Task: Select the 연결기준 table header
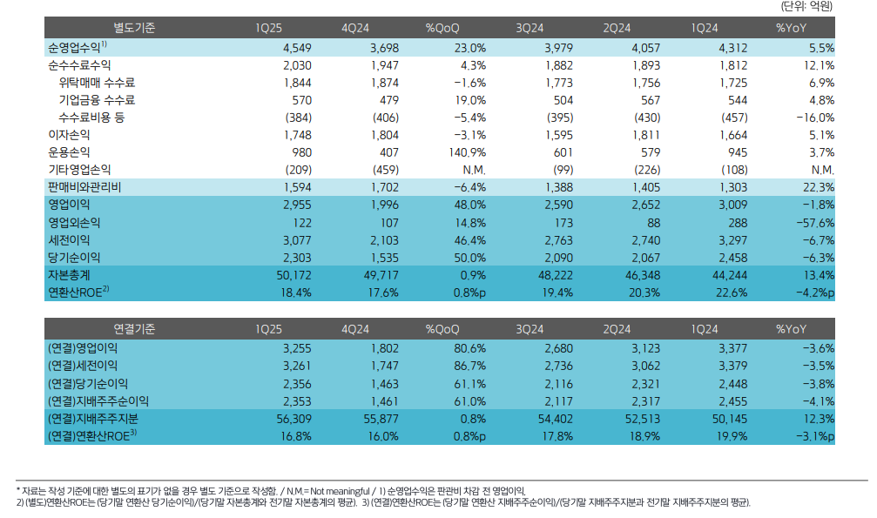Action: [134, 328]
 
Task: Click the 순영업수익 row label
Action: [76, 47]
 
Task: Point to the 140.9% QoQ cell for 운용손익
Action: [466, 151]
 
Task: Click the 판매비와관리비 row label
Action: [84, 187]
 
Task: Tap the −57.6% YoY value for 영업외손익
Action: [811, 222]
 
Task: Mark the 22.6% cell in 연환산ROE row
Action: [731, 292]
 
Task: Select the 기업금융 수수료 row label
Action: [97, 99]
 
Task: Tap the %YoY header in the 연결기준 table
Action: [792, 328]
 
